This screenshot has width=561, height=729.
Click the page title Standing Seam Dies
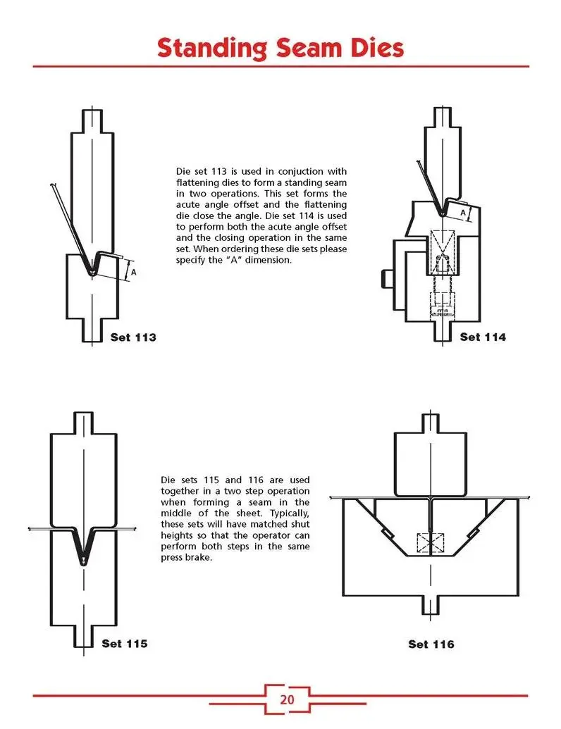(280, 48)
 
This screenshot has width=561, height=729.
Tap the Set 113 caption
(133, 337)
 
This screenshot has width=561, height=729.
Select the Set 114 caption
(483, 337)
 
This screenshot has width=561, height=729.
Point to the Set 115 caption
(124, 643)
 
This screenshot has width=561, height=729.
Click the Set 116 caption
(431, 644)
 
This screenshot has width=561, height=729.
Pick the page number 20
(287, 699)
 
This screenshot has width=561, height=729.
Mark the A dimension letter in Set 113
(133, 271)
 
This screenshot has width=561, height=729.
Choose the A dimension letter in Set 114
(462, 212)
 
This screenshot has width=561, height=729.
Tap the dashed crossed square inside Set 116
(431, 543)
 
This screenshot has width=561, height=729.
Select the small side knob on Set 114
(386, 276)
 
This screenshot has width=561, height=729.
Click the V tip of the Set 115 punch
(83, 560)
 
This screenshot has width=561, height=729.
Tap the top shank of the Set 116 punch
(431, 423)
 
